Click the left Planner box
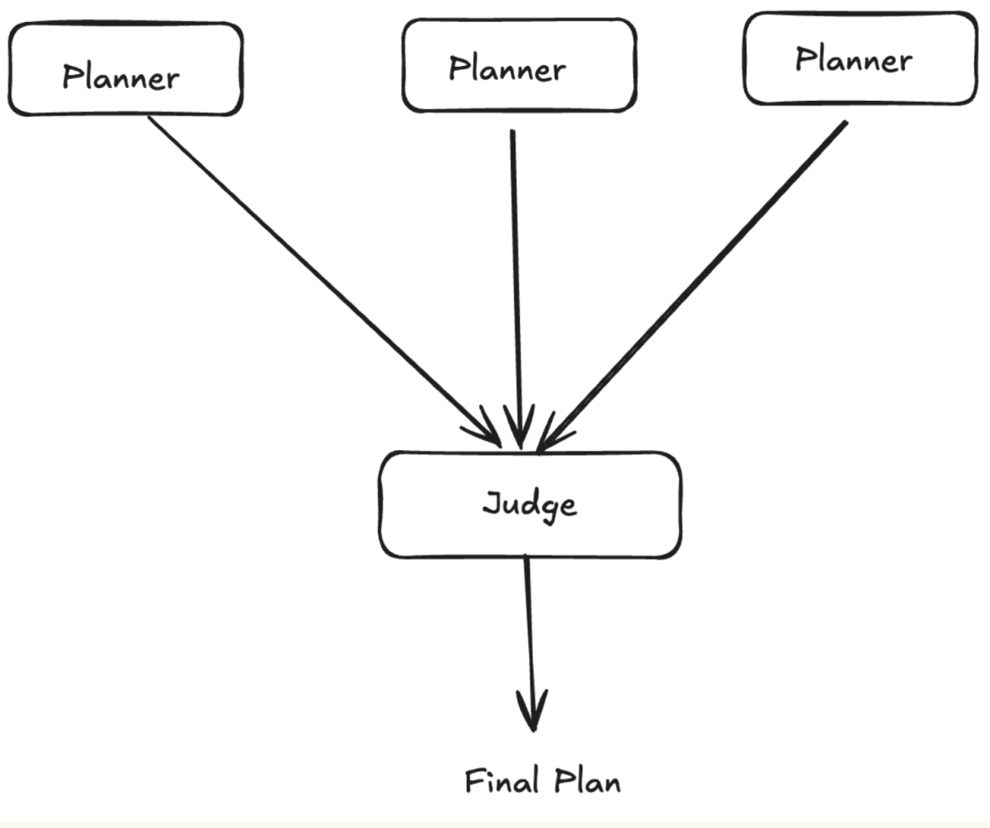click(125, 70)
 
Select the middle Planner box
click(519, 66)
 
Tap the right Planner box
click(861, 58)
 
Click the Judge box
click(530, 504)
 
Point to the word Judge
click(530, 505)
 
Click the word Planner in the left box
click(121, 77)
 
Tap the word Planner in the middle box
click(507, 68)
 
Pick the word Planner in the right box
click(853, 60)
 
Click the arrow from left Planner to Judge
click(324, 282)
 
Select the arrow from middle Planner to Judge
click(516, 289)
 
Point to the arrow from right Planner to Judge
click(692, 287)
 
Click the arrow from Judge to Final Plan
click(530, 643)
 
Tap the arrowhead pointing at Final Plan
click(533, 711)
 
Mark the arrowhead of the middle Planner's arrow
click(519, 427)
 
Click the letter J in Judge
click(492, 502)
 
